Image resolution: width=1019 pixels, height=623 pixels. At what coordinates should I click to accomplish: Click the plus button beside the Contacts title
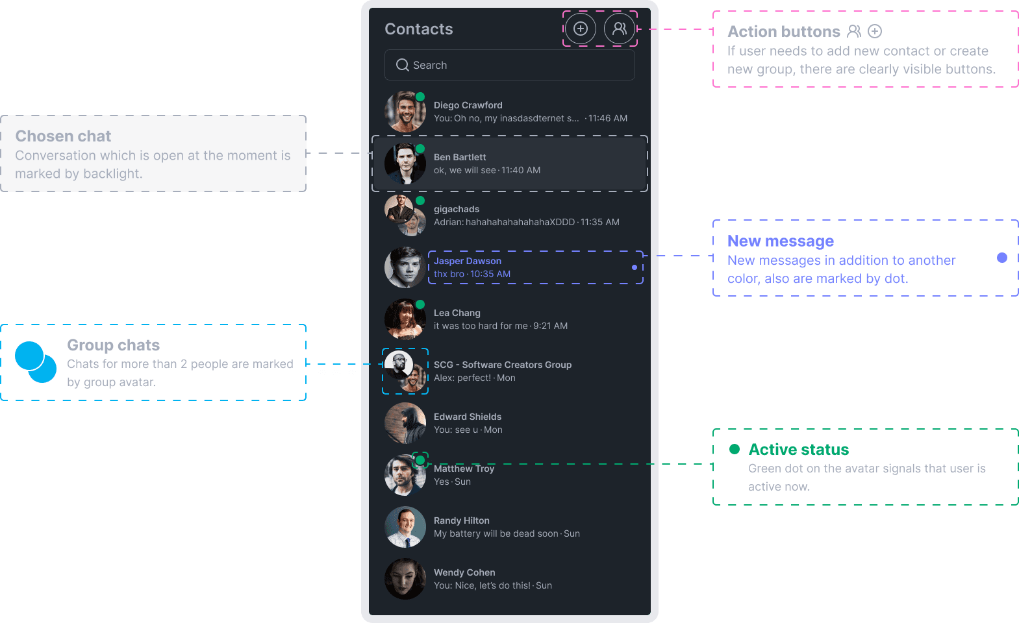coord(580,29)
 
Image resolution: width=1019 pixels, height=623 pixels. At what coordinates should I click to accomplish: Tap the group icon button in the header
coord(620,29)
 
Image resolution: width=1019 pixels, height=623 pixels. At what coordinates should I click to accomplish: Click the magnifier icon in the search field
coord(403,65)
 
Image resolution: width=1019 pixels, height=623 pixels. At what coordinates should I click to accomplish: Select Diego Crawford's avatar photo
coord(405,112)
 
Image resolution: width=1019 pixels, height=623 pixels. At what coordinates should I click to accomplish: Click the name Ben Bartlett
coord(460,157)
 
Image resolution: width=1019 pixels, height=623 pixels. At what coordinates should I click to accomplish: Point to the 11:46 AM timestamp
coord(608,118)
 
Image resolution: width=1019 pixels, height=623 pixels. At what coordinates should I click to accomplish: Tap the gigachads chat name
coord(457,209)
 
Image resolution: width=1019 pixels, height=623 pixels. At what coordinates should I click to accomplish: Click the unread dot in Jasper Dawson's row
coord(635,267)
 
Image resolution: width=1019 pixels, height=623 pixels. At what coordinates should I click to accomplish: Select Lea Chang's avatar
coord(405,319)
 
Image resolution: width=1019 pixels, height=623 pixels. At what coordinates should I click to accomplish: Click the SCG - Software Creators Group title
coord(503,365)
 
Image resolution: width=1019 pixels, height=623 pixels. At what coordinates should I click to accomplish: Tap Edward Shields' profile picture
coord(405,423)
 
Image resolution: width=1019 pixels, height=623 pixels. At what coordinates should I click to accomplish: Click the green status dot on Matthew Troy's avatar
coord(420,460)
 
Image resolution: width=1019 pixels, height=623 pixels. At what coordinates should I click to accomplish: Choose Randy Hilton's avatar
coord(405,527)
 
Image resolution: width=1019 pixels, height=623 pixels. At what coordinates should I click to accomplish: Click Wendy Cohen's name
coord(464,572)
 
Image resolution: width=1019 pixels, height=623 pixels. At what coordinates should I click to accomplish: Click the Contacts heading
coord(419,29)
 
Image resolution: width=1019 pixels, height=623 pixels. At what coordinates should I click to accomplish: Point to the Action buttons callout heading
coord(783,32)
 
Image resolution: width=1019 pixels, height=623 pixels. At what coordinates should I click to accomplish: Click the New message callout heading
coord(781,241)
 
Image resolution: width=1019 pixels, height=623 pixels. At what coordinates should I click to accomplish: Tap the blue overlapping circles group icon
coord(35,362)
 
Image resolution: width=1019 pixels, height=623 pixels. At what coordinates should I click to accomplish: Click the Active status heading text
coord(798,450)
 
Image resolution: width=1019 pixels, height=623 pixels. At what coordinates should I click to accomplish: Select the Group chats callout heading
coord(114,345)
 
